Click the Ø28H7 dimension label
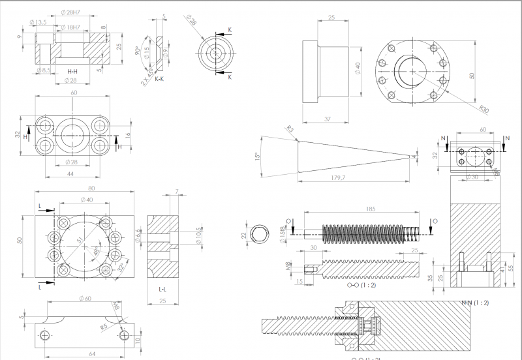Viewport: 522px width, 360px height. [70, 13]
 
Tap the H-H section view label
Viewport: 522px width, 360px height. [72, 70]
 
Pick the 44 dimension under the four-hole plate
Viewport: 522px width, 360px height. [70, 175]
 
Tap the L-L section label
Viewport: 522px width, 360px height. [162, 288]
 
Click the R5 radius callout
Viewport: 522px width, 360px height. [104, 327]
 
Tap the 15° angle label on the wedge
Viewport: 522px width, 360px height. [257, 157]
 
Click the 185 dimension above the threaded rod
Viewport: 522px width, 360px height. [371, 210]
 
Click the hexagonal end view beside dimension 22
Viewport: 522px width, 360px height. [262, 234]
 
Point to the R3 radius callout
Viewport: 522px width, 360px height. [290, 130]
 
